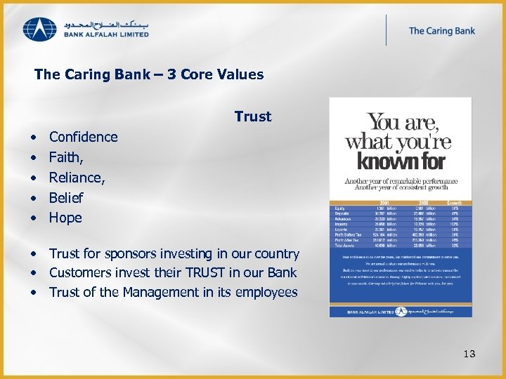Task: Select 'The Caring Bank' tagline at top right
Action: (x=441, y=31)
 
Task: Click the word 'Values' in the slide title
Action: (x=241, y=74)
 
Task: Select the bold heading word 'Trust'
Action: (x=253, y=117)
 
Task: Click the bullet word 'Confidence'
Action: (x=83, y=137)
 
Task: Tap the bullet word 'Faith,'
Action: (x=66, y=157)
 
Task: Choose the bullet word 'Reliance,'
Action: (x=77, y=178)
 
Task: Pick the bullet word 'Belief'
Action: (x=65, y=198)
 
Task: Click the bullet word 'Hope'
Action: (x=65, y=218)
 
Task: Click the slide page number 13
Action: (x=469, y=354)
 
